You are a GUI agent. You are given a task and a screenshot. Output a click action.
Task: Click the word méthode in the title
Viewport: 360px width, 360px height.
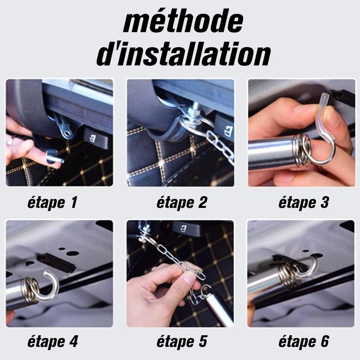[183, 21]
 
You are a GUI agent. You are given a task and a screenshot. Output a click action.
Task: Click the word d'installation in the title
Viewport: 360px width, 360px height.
[184, 54]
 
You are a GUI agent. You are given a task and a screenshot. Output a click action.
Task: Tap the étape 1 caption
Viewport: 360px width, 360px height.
[52, 202]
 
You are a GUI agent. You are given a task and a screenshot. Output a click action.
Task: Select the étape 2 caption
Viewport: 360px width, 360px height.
[182, 202]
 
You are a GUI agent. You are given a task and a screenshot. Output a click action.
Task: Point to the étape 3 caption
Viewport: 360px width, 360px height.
[303, 202]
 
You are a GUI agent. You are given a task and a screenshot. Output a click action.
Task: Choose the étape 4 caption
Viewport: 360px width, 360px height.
[53, 342]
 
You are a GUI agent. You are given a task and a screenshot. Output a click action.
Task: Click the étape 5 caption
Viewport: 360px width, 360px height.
[182, 342]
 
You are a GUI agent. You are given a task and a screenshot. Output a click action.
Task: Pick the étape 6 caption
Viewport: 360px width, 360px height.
[303, 342]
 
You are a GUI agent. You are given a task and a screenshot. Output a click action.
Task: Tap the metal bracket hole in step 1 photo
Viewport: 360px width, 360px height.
[67, 133]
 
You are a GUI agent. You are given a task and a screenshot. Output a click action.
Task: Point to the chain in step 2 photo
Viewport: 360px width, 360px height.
[220, 145]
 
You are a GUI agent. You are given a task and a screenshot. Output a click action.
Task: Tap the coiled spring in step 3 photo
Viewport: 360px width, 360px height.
[302, 150]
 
